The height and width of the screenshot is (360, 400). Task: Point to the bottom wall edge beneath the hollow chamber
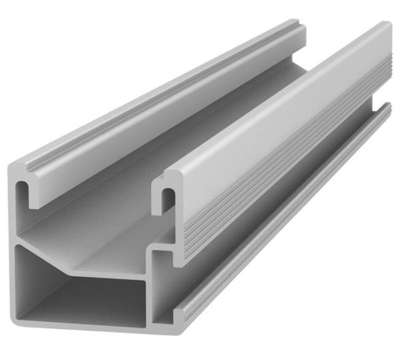coord(80,328)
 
